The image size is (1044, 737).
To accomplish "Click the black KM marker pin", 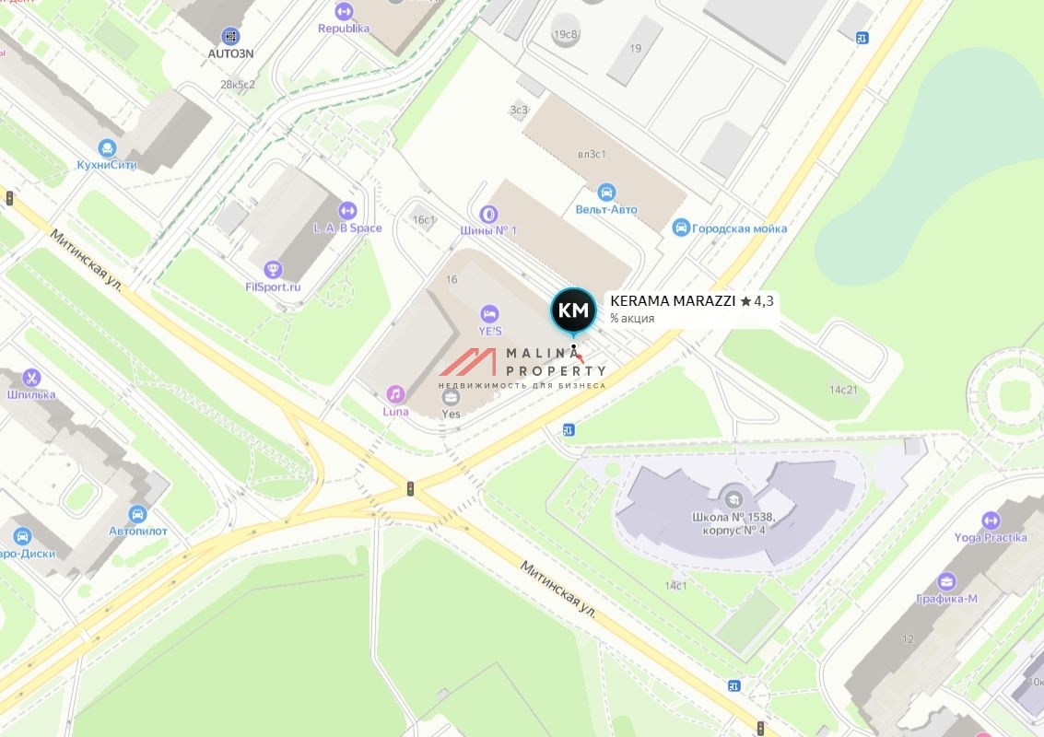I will (573, 310).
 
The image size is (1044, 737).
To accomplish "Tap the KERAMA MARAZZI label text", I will (673, 300).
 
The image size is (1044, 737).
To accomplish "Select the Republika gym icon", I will (344, 11).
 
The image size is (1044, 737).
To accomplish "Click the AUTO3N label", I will (230, 53).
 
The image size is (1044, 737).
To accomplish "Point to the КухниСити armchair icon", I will (108, 148).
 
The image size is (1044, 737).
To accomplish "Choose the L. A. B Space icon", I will (347, 211).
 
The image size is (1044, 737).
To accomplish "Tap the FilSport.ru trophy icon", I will (273, 269).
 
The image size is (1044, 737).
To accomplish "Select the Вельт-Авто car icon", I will (606, 193).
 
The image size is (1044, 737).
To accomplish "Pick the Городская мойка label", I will (739, 228).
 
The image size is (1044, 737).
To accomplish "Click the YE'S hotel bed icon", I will (489, 314).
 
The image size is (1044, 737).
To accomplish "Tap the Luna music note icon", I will (395, 394).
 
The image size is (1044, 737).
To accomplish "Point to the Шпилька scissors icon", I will (31, 378).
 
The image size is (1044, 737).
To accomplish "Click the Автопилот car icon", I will (138, 514).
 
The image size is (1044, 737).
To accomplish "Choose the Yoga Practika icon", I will (991, 521).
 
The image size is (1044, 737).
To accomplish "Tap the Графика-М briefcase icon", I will (946, 581).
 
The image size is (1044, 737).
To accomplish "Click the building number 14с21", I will (842, 390).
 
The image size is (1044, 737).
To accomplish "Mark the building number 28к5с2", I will (237, 84).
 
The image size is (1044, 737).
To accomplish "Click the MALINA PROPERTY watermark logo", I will (522, 366).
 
